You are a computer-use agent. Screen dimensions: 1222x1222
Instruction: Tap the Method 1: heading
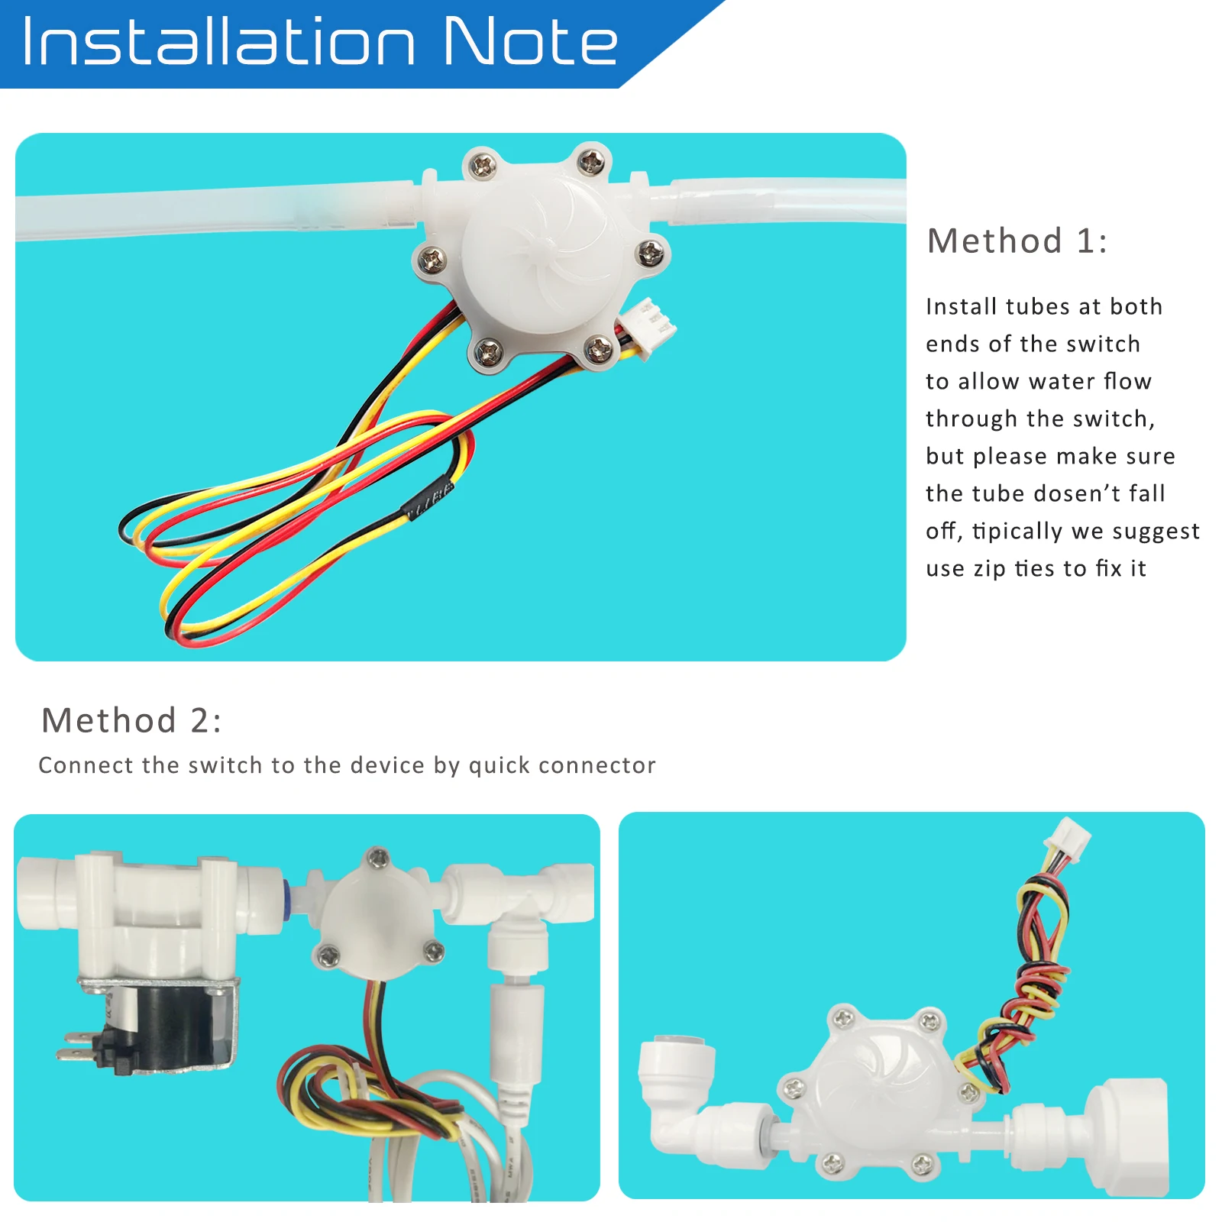1017,241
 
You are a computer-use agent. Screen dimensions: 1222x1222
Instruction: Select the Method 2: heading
131,720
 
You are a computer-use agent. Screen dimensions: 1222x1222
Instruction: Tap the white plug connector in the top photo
648,326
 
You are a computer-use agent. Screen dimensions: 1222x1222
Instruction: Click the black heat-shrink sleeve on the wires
428,501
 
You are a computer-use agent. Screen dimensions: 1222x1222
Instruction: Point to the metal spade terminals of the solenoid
76,1046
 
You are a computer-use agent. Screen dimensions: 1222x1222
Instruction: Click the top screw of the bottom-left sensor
377,858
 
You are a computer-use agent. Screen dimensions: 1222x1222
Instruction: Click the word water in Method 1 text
1060,381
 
